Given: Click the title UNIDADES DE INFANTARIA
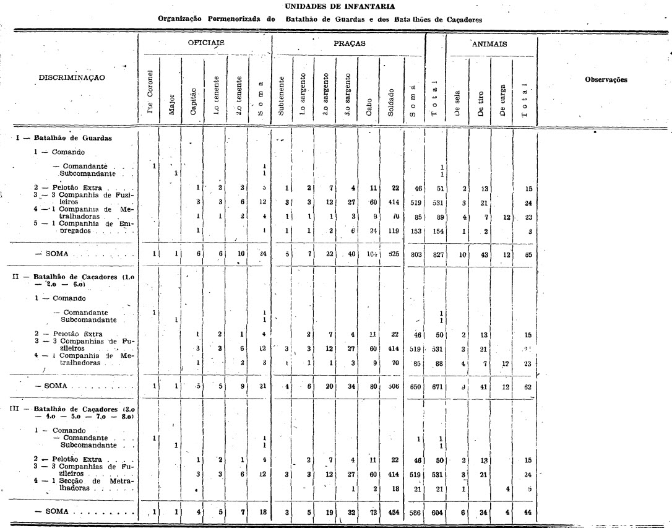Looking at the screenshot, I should [x=336, y=7].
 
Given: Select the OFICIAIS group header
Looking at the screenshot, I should [x=205, y=44].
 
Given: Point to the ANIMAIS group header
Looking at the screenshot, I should [x=490, y=44].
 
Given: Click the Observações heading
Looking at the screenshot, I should [x=606, y=80].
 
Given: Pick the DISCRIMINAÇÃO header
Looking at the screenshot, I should [x=72, y=78].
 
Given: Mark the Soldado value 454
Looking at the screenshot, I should [x=391, y=513].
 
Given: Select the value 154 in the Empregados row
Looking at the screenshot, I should [x=436, y=230].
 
